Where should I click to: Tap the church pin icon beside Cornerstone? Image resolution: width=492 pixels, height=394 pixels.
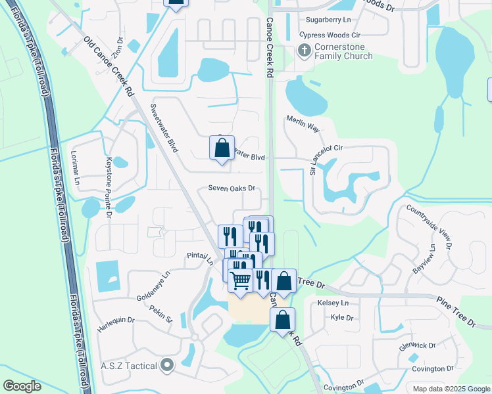(x=304, y=49)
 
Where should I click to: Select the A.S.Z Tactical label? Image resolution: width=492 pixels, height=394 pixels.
(x=129, y=366)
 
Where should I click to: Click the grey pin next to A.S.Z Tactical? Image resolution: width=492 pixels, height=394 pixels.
(x=167, y=365)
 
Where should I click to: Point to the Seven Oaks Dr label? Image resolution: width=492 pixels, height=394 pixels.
(x=232, y=188)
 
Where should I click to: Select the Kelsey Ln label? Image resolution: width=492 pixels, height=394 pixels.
(x=333, y=303)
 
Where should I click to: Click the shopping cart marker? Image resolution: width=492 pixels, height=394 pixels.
(x=241, y=280)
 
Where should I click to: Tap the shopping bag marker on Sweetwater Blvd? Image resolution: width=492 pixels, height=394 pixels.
(x=222, y=148)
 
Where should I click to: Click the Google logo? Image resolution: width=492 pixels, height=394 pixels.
(x=22, y=386)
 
